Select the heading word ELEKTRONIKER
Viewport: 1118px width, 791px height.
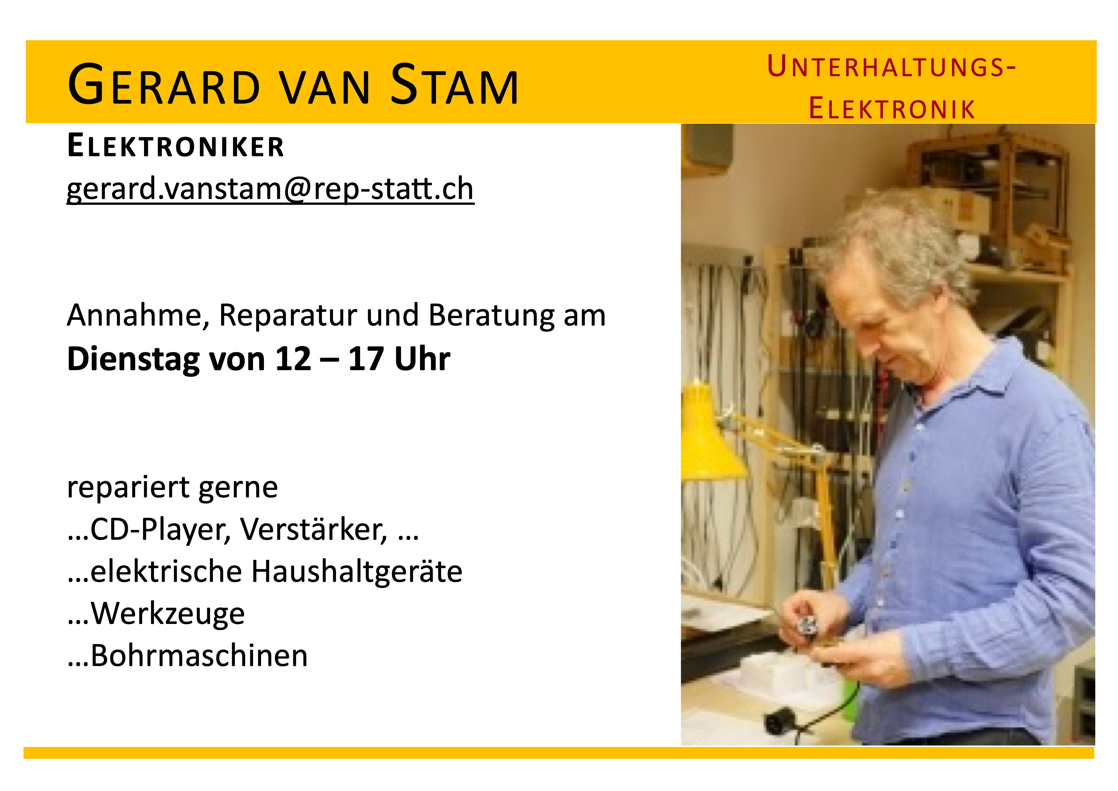175,146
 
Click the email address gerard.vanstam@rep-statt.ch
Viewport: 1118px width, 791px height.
270,189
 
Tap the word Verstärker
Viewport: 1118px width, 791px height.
314,529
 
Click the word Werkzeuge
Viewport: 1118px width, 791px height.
168,614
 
